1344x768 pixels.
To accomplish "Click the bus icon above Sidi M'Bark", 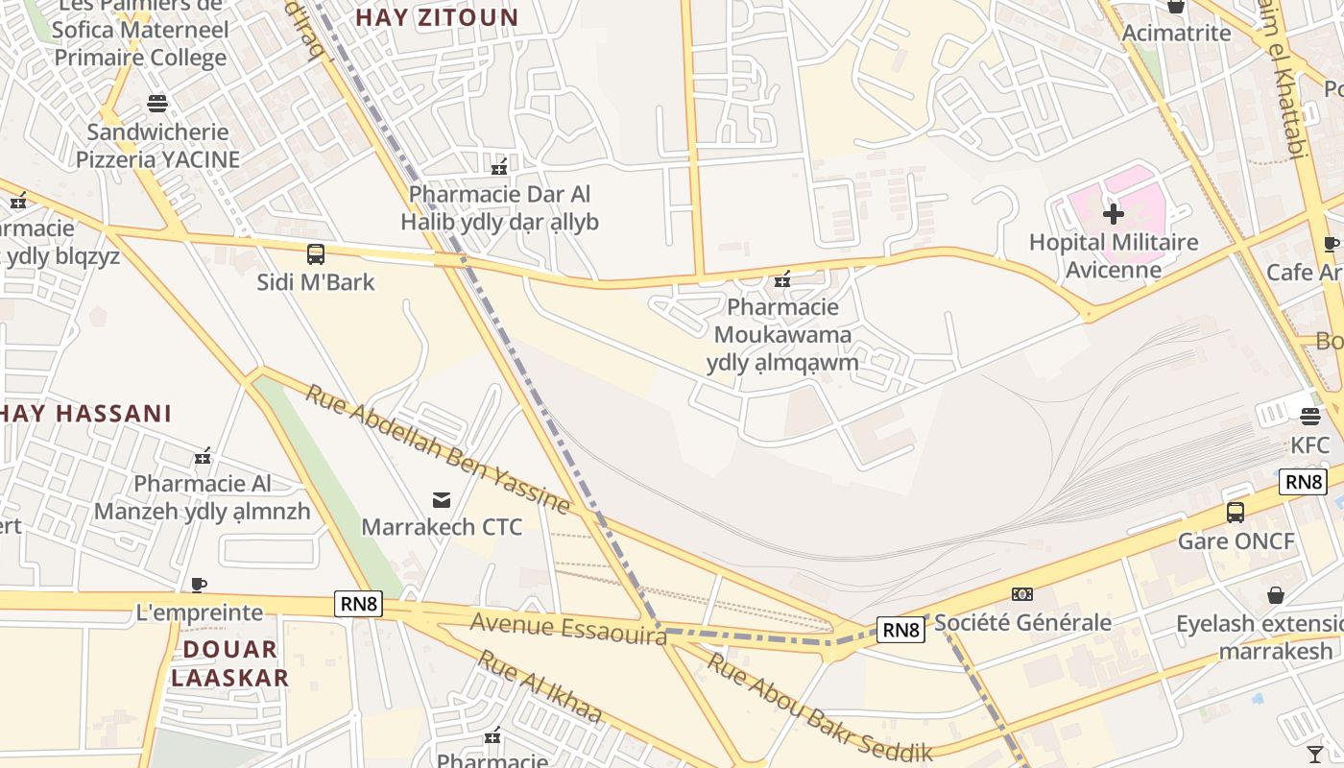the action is point(316,254).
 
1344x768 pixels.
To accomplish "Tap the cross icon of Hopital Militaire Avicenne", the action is point(1114,213).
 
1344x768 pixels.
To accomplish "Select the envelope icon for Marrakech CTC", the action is point(442,499).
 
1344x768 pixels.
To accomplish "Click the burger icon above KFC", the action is point(1310,417).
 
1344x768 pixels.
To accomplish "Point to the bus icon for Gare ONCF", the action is point(1236,513).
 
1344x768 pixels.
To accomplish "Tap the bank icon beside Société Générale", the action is point(1022,594).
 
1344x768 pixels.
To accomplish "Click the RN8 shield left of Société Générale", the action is point(900,630).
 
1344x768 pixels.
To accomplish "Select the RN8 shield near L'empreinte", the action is point(359,604).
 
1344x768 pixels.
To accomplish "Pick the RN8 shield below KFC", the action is point(1302,482).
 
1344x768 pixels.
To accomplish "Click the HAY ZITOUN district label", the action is point(437,17).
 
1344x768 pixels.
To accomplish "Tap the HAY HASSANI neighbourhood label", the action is point(86,414).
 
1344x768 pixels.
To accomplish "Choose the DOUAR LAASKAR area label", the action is point(230,663).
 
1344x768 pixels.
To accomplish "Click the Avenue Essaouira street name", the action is point(567,629).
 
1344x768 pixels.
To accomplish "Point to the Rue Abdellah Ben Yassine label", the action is point(438,449).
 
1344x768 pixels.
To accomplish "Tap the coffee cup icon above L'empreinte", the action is point(199,585).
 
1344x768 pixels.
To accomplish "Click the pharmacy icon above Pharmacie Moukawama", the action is point(782,279).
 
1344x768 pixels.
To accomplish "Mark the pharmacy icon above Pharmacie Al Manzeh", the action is point(203,456).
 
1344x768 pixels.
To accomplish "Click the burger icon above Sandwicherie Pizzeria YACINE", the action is point(157,104).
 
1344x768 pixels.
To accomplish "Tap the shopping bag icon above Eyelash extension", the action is point(1276,595).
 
